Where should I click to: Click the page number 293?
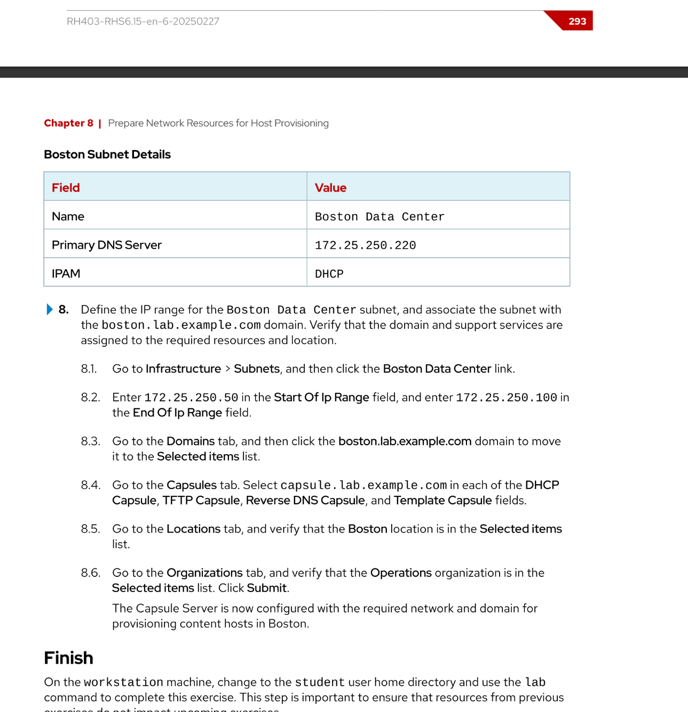[x=577, y=21]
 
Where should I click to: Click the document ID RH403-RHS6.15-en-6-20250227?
[x=143, y=21]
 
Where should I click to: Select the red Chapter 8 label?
[x=68, y=123]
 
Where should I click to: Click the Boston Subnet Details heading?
[x=107, y=155]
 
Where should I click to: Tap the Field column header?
[x=66, y=188]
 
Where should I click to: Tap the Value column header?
[x=330, y=188]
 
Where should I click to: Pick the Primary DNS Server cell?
[x=106, y=245]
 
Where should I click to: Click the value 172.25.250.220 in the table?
[x=365, y=246]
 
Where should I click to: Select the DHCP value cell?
[x=329, y=274]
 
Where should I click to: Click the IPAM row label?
[x=66, y=274]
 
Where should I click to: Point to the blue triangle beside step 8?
[x=49, y=310]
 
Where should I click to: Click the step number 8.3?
[x=90, y=441]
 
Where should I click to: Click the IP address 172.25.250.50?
[x=191, y=398]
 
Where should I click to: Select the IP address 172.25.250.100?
[x=506, y=398]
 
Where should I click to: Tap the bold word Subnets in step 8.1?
[x=257, y=369]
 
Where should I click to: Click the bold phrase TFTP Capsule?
[x=201, y=501]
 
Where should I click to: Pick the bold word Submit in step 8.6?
[x=267, y=588]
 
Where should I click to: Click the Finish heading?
[x=68, y=658]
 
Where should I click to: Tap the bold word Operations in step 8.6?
[x=401, y=573]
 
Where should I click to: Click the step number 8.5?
[x=90, y=529]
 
